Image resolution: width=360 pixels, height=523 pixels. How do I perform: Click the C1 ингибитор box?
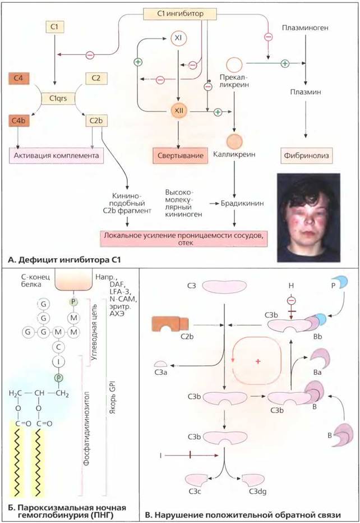pos(180,13)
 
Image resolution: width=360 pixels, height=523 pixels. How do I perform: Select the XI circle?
pos(178,38)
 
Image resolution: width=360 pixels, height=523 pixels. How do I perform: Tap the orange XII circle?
pos(179,111)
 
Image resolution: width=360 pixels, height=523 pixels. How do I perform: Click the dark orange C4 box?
pos(19,79)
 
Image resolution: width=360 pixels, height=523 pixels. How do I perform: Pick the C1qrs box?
pos(58,98)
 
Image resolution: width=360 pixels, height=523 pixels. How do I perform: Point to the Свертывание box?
pos(181,155)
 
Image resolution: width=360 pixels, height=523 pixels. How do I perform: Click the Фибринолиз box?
pos(306,155)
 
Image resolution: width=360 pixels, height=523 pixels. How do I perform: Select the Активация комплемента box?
pos(56,155)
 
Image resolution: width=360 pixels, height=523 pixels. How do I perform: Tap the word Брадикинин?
pos(242,203)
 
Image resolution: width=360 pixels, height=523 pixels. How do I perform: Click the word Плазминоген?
pos(305,27)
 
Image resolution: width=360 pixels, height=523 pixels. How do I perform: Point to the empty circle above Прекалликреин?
pos(234,64)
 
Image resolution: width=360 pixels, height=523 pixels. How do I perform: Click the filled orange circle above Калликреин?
pos(234,141)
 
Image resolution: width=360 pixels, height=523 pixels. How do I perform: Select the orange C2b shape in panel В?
pos(170,324)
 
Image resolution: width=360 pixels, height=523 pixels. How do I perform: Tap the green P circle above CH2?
pos(59,378)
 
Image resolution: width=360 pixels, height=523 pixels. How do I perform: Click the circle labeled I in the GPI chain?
pos(59,362)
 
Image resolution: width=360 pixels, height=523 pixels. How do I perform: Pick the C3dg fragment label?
pos(258,492)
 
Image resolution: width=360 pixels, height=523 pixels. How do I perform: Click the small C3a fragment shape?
pos(161,364)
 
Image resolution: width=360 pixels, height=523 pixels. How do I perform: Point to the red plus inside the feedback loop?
pos(258,361)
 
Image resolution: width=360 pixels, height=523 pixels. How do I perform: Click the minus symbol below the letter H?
pos(291,301)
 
